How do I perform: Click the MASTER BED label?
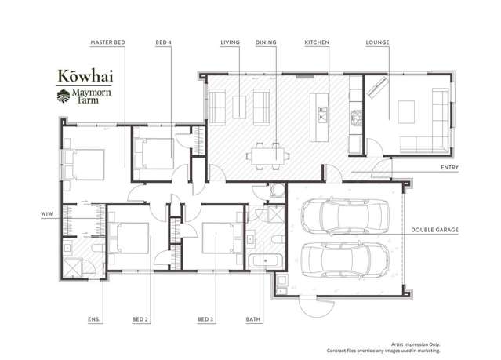click(x=107, y=42)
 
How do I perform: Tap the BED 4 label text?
click(x=164, y=42)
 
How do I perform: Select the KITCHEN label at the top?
click(x=317, y=42)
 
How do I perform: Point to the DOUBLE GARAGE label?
click(x=434, y=230)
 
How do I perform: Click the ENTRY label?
click(x=449, y=168)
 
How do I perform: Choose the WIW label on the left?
click(x=46, y=214)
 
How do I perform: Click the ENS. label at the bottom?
click(x=94, y=319)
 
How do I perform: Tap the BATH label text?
click(x=253, y=319)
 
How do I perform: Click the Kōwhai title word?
click(x=85, y=76)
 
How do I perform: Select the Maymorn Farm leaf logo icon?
click(x=64, y=96)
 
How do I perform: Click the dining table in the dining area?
click(x=268, y=156)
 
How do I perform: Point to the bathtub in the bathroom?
click(x=265, y=261)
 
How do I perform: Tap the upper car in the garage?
click(x=345, y=215)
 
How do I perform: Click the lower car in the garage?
click(x=345, y=260)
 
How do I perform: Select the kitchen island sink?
click(x=322, y=115)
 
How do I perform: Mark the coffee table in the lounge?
click(x=406, y=111)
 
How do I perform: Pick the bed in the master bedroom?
click(x=84, y=165)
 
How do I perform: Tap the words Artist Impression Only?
click(x=416, y=344)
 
